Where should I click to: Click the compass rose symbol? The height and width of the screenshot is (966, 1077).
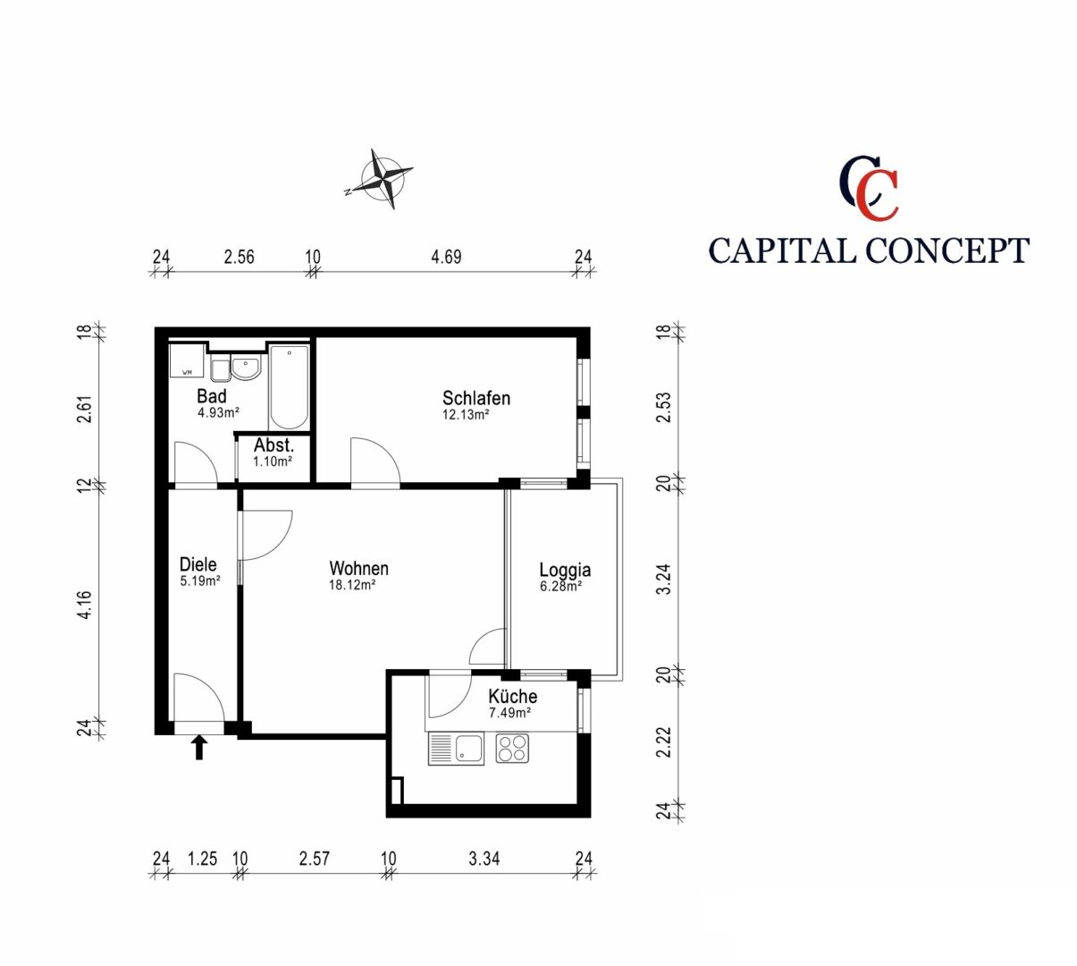(x=382, y=179)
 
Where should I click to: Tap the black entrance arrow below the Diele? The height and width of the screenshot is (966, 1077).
(x=199, y=747)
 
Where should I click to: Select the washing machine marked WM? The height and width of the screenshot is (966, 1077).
(x=187, y=361)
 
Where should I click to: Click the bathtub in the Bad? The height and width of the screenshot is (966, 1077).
(x=289, y=387)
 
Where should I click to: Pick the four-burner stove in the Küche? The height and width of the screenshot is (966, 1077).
(x=512, y=749)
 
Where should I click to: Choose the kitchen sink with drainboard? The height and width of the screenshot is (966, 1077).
(x=456, y=749)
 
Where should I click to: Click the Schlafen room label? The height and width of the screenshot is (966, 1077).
(x=476, y=398)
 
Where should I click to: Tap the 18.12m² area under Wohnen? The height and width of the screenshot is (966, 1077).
(x=352, y=585)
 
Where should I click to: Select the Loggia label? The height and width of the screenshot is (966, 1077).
(x=565, y=570)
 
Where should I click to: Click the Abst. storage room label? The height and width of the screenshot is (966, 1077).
(x=273, y=445)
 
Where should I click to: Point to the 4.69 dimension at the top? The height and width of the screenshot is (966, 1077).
(x=447, y=258)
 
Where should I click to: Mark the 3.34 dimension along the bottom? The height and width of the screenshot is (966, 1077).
(x=484, y=859)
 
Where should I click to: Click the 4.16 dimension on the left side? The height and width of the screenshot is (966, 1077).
(x=85, y=605)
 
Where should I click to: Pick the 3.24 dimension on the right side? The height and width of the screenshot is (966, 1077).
(x=664, y=580)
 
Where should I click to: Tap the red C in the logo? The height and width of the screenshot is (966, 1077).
(x=877, y=195)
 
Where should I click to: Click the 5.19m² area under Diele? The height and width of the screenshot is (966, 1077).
(x=200, y=580)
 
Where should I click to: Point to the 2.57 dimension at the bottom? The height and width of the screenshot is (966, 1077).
(x=315, y=859)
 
